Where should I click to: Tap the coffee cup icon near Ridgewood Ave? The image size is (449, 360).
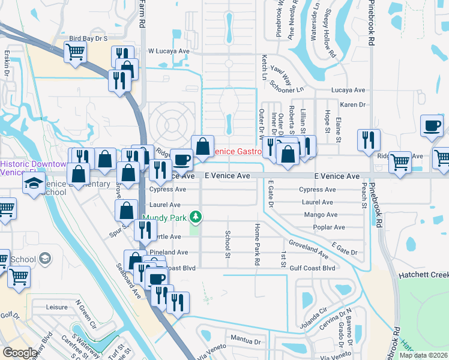pyautogui.click(x=181, y=159)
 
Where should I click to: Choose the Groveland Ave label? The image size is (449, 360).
pyautogui.click(x=308, y=249)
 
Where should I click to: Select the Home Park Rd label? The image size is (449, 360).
pyautogui.click(x=258, y=244)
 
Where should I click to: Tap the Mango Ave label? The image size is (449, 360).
pyautogui.click(x=318, y=214)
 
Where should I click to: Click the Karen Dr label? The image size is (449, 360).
pyautogui.click(x=352, y=104)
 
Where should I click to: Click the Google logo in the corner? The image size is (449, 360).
pyautogui.click(x=20, y=352)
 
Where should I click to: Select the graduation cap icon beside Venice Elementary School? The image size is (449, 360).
pyautogui.click(x=34, y=182)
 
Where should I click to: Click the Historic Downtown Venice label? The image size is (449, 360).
pyautogui.click(x=34, y=168)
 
